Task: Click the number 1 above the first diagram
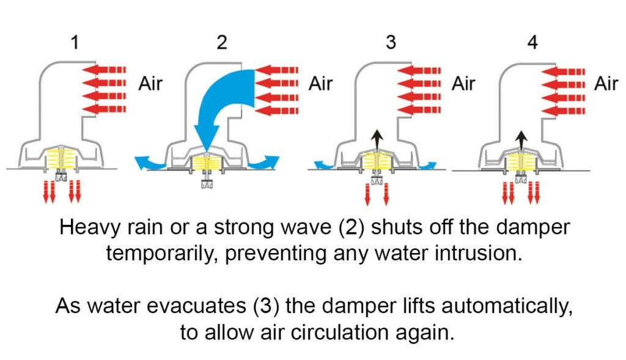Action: click(75, 42)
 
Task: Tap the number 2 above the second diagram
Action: click(222, 42)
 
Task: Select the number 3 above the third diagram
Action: click(391, 42)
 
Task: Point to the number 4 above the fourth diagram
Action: click(532, 42)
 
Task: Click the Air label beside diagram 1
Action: click(150, 84)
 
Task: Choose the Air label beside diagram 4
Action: click(606, 84)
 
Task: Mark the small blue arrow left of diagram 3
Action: click(324, 165)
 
